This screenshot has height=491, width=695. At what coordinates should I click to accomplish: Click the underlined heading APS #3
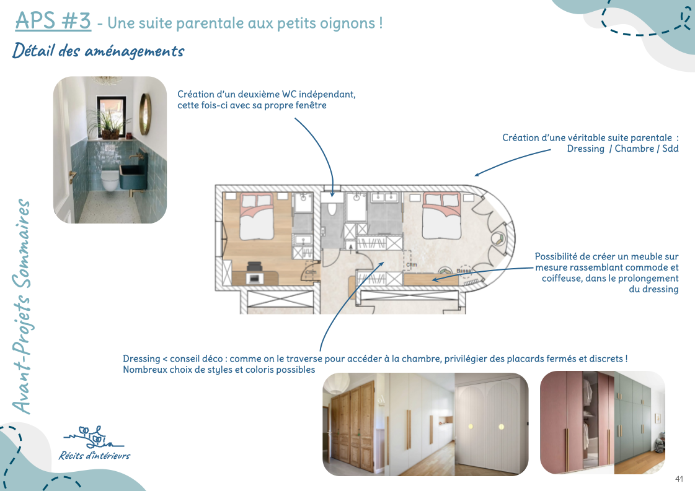click(53, 21)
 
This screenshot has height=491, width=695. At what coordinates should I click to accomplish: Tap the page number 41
click(679, 479)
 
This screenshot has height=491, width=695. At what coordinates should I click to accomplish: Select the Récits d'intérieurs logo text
click(94, 456)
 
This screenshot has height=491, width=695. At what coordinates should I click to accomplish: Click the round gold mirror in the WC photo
click(145, 114)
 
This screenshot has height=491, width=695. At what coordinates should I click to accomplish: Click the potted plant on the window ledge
click(108, 123)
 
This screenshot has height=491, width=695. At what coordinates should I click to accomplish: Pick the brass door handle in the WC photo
click(71, 176)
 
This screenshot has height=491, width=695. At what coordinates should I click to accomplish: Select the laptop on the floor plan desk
click(254, 278)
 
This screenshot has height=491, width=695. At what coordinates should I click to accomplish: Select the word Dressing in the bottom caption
click(141, 359)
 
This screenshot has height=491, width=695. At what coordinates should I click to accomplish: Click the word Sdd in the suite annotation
click(670, 149)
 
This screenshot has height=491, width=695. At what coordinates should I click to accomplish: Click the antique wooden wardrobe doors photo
click(352, 425)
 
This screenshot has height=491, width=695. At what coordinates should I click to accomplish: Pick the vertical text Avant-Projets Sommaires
click(21, 306)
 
